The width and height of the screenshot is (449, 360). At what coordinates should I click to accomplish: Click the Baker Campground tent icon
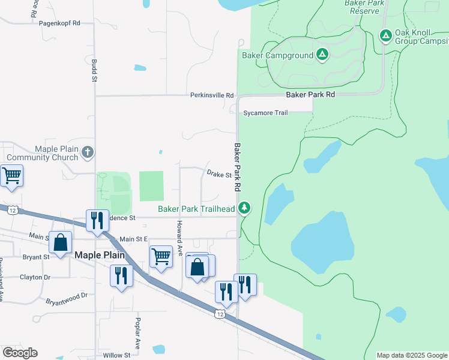[x=322, y=55]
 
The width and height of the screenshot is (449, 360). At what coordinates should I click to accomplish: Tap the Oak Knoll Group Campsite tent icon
[x=386, y=37]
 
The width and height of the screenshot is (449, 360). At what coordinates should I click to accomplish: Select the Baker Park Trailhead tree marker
[x=244, y=208]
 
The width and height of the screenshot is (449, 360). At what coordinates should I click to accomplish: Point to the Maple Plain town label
[x=99, y=254]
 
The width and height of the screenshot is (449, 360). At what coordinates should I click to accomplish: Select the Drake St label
[x=219, y=175]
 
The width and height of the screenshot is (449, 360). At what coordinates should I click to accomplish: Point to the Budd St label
[x=94, y=70]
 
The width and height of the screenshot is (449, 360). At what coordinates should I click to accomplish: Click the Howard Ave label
[x=178, y=238]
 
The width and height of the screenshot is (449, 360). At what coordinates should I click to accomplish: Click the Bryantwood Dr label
[x=67, y=295]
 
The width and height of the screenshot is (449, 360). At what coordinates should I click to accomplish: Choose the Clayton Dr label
[x=35, y=277]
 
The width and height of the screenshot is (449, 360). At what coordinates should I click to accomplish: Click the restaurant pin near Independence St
[x=96, y=220]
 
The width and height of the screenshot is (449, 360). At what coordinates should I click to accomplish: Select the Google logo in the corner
[x=20, y=353]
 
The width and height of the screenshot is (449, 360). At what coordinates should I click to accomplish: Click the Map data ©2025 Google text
[x=411, y=355]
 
